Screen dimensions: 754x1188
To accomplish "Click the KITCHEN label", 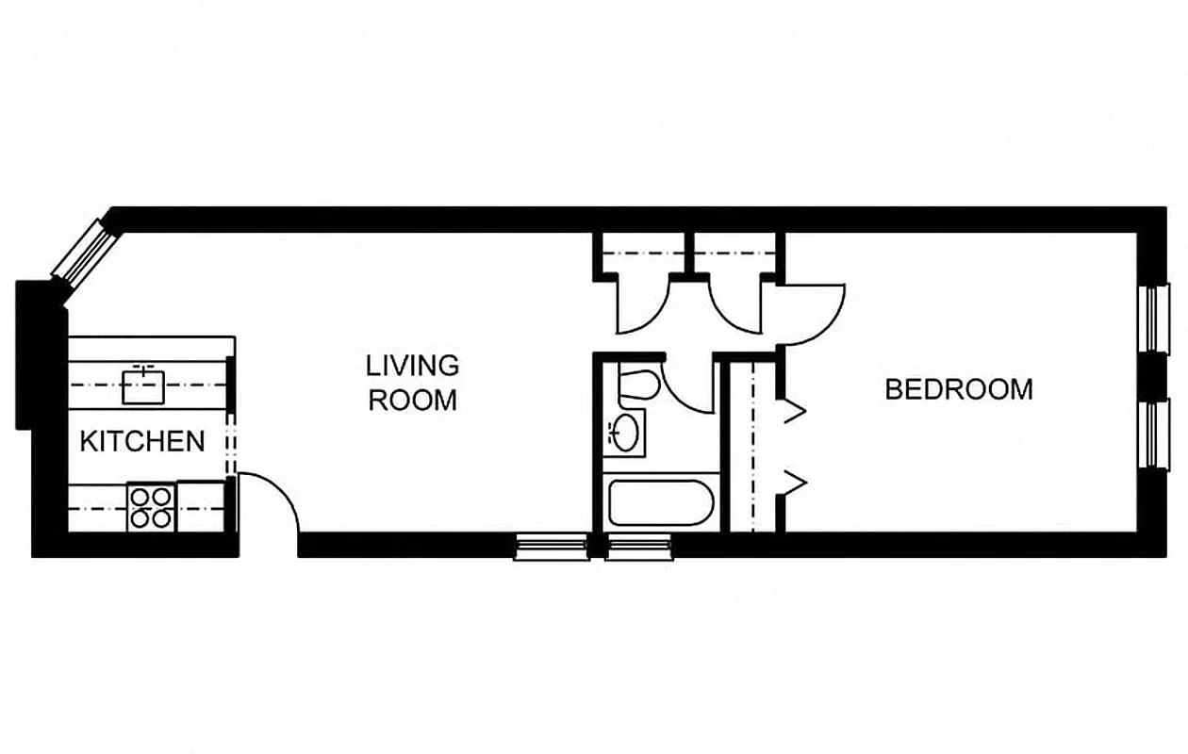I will point(142,440).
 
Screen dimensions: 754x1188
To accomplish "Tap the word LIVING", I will point(413,365).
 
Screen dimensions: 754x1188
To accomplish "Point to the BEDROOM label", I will point(959,389).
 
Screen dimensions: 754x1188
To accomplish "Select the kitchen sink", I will point(143,385).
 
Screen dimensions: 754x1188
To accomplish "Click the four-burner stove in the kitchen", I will point(151,506).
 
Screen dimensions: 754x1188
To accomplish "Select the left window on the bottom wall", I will point(551,547).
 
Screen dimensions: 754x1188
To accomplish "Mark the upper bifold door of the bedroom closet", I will point(792,411).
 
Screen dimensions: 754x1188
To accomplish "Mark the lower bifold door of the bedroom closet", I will point(792,483).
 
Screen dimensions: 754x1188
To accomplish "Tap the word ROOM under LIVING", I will point(412,400).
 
